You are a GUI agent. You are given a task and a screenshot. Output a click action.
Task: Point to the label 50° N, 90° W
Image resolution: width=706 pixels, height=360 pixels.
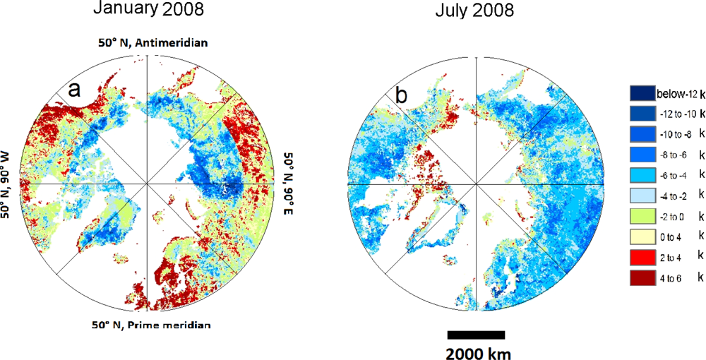pos(9,185)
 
